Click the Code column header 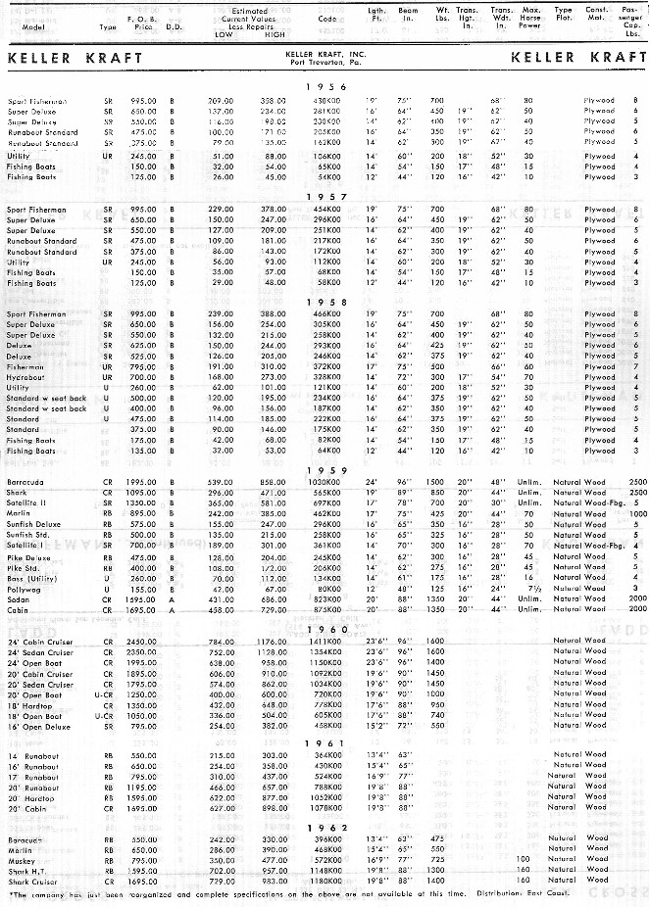tap(325, 19)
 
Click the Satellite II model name tap(29, 502)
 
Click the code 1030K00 tap(325, 482)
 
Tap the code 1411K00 tap(325, 641)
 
